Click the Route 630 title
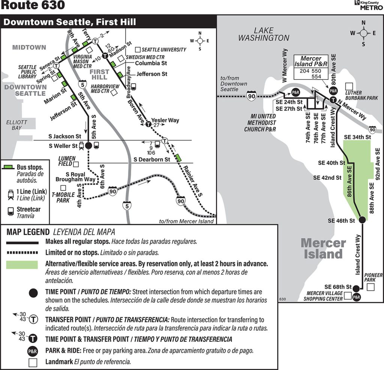(33, 5)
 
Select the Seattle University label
(164, 50)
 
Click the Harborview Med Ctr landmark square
(114, 92)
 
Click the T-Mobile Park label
(63, 197)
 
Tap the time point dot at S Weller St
(88, 146)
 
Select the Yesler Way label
(165, 120)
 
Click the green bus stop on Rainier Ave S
(178, 157)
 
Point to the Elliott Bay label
(16, 125)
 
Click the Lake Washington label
(264, 34)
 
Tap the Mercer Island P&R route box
(311, 67)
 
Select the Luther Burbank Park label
(361, 95)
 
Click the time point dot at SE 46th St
(362, 220)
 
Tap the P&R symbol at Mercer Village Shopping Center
(356, 297)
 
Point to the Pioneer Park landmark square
(370, 287)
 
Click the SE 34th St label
(357, 137)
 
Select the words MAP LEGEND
(28, 232)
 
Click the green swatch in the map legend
(22, 265)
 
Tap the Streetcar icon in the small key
(10, 211)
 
